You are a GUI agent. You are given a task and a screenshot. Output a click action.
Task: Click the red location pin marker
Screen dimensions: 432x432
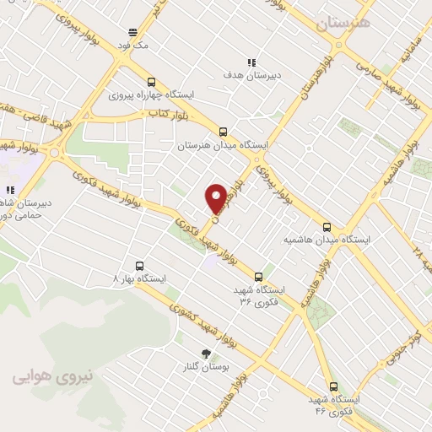click(x=216, y=197)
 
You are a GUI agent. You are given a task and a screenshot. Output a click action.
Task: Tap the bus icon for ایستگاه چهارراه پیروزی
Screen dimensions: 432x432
click(x=151, y=83)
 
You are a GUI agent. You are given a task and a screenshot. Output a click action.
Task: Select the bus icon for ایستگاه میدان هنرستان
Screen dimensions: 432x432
click(x=223, y=132)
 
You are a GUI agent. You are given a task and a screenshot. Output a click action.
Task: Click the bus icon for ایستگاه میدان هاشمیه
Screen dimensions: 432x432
click(x=327, y=227)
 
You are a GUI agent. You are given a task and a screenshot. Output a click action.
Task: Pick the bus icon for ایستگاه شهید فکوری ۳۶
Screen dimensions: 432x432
click(x=258, y=277)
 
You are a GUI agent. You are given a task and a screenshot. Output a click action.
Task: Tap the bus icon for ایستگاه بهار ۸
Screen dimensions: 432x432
click(x=116, y=277)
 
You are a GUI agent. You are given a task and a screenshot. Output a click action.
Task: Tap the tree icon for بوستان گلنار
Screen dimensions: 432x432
click(x=205, y=354)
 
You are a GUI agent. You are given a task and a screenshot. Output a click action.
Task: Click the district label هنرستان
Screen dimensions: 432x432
click(x=343, y=24)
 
